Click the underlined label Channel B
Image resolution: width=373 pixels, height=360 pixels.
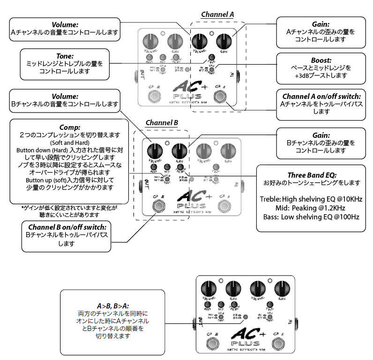point(162,123)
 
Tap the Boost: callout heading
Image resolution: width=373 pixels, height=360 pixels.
point(321,60)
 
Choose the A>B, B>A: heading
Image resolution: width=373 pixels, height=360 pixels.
point(113,305)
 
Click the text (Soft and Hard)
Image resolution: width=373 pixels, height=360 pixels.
point(69,142)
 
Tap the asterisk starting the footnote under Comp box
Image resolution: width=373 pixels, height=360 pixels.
point(22,207)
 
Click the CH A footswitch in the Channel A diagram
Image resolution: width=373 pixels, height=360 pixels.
point(219,97)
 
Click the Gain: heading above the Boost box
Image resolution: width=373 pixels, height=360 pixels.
point(321,24)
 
